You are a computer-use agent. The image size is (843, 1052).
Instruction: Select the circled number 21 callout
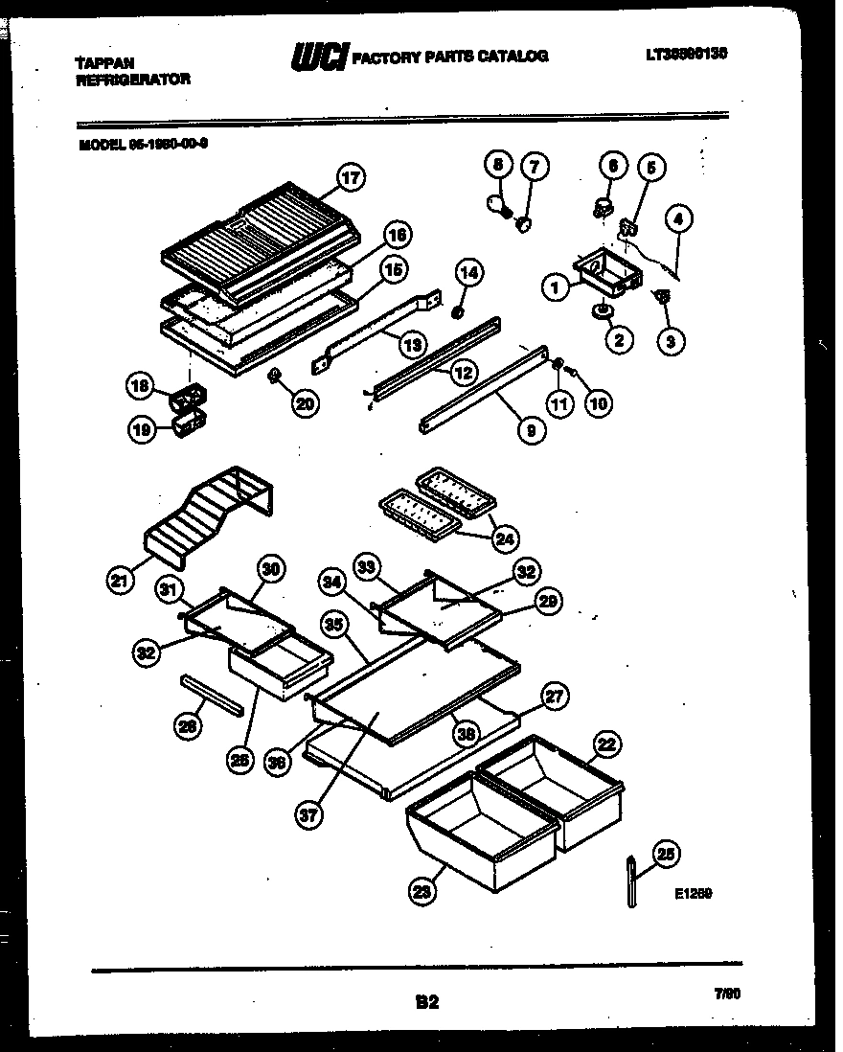(121, 579)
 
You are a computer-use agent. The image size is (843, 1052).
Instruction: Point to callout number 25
(664, 854)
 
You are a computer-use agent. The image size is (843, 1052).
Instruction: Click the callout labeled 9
(531, 430)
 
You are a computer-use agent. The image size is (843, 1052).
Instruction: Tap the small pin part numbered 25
(634, 879)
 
